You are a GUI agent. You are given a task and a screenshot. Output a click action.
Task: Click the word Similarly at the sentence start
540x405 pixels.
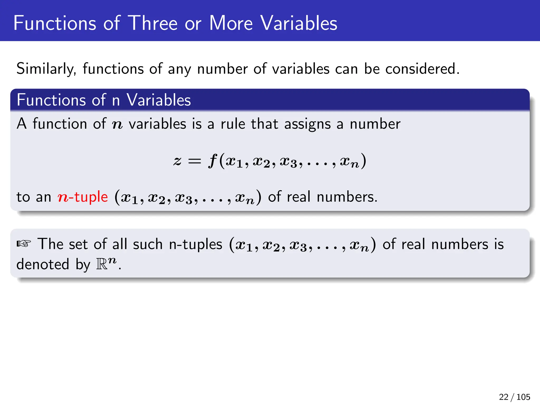coord(46,69)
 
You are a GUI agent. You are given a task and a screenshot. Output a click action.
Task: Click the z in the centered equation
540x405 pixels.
coord(177,161)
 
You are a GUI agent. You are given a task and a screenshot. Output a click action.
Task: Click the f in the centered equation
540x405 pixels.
coord(213,161)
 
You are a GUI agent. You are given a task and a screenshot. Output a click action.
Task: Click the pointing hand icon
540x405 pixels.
coord(24,244)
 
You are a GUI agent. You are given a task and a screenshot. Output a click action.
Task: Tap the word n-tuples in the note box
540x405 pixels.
coord(195,244)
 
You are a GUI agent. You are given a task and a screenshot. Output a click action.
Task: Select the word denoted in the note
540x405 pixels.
coord(43,264)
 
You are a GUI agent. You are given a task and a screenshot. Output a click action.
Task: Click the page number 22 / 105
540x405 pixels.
coord(514,397)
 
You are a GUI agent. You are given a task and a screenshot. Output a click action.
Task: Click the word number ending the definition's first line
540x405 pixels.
coord(375,124)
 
